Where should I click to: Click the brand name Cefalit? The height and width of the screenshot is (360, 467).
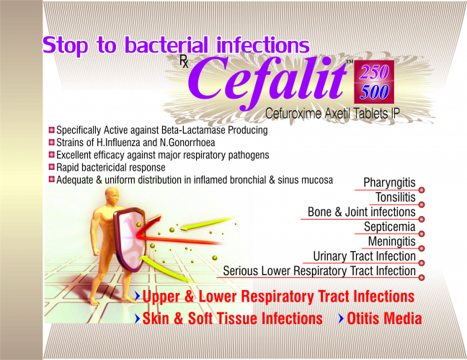coord(268,82)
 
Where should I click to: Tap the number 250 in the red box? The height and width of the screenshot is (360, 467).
coord(374,72)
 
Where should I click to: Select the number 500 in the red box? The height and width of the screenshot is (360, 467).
coord(374,91)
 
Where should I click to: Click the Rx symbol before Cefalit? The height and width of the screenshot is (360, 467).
coord(184,63)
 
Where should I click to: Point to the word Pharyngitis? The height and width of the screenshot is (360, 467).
coord(389,183)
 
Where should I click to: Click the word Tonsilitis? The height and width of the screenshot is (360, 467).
coord(395,197)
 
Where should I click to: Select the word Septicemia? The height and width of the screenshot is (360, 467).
coord(390,227)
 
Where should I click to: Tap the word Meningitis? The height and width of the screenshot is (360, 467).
coord(391,241)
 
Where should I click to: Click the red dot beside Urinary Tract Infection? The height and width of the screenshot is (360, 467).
coord(422,263)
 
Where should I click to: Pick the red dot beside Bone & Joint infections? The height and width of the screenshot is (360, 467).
coord(422,220)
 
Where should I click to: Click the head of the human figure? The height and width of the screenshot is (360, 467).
coord(112,197)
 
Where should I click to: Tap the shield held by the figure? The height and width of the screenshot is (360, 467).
coord(130,238)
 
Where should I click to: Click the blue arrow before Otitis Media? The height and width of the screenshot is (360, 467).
coord(342,319)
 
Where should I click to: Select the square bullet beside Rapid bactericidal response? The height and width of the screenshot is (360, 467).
coord(52,167)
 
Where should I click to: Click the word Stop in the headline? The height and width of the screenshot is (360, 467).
coord(66,45)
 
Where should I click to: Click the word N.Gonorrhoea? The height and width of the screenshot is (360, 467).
coord(187,143)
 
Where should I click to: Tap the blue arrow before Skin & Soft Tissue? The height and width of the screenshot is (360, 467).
coord(137,319)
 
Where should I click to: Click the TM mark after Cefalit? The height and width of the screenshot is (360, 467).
coord(349,62)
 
